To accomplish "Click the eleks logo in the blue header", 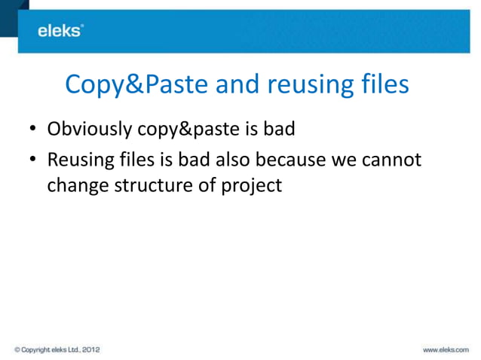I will [61, 30].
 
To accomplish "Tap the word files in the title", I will [382, 84].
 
